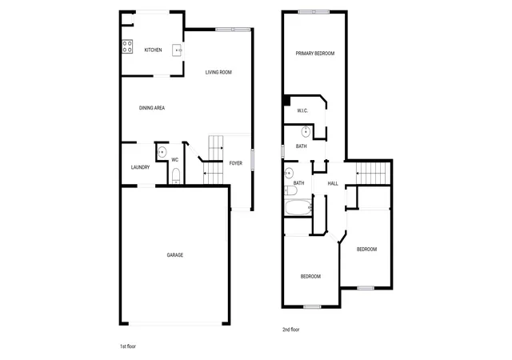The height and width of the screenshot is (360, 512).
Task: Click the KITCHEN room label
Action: (153, 50)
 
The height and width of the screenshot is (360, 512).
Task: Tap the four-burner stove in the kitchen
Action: (127, 46)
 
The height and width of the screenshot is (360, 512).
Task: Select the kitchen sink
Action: (178, 50)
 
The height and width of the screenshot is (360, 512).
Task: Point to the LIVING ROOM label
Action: (218, 72)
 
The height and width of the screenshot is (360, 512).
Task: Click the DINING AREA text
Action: (152, 108)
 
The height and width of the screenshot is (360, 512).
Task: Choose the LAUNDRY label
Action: (141, 167)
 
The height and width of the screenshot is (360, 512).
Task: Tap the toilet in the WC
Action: (176, 176)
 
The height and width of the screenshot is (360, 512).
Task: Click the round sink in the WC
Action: (162, 152)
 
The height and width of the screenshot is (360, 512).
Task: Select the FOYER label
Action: (236, 163)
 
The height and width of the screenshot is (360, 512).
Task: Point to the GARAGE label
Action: (175, 255)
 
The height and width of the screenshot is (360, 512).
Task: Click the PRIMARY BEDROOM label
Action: (315, 54)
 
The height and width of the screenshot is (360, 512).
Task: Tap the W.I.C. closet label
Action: (302, 110)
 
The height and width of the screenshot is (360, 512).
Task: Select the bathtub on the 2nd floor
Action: (298, 207)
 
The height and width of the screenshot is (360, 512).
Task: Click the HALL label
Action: (333, 183)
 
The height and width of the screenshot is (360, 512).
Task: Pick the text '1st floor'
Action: (128, 346)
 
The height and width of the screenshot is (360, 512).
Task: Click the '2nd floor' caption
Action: (291, 330)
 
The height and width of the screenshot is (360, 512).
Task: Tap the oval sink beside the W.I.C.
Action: (306, 132)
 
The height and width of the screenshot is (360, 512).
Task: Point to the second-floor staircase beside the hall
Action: (373, 173)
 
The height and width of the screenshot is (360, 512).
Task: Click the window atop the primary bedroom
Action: (314, 12)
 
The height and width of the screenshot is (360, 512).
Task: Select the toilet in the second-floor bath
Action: (290, 190)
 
